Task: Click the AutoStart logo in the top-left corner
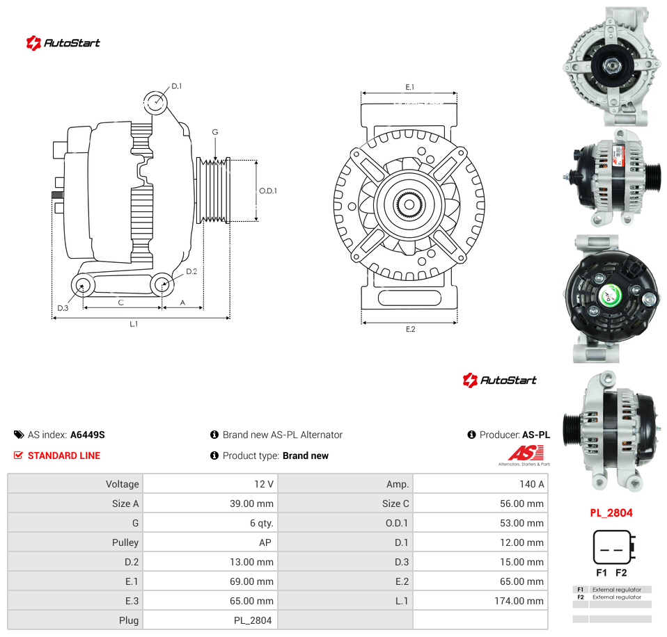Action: click(63, 43)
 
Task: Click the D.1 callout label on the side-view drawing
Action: click(177, 86)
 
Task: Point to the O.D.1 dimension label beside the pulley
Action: click(268, 191)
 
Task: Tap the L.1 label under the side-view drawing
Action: click(134, 324)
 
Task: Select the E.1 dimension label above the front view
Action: click(409, 87)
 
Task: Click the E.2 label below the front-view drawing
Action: click(410, 330)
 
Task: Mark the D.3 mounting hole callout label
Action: click(63, 308)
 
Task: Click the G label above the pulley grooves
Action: click(215, 132)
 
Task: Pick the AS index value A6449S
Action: click(88, 435)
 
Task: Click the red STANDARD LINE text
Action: click(64, 455)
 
